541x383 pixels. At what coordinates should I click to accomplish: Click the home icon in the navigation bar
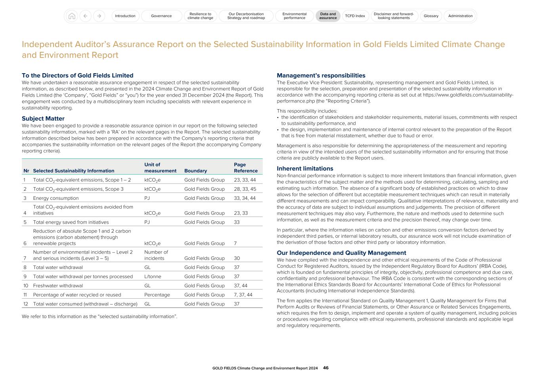coord(72,16)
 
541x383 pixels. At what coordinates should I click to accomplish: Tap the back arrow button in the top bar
coord(85,16)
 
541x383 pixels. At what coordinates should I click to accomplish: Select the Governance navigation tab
coord(161,16)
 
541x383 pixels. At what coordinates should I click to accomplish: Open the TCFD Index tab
coord(355,16)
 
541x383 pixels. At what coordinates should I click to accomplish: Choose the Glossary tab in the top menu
coord(431,16)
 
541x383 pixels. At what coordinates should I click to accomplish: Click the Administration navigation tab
coord(460,16)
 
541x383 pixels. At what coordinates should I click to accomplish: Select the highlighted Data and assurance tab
coord(328,16)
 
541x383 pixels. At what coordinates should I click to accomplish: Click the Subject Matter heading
coord(43,119)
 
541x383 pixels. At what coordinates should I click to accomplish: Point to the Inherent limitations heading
coord(305,169)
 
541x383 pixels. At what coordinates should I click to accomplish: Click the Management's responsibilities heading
coord(321,76)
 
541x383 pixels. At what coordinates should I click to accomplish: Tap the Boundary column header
coord(195,171)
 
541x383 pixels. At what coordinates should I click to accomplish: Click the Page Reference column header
coord(245,168)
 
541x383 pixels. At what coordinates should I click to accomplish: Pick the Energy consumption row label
coord(56,198)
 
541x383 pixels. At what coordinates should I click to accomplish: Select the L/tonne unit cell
coord(153,277)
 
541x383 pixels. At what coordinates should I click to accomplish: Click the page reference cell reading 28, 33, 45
coord(245,189)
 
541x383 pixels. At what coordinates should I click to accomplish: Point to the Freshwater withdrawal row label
coord(58,286)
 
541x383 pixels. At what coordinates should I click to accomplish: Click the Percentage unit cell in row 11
coord(157,295)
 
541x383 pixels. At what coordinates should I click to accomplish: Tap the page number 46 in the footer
coord(326,368)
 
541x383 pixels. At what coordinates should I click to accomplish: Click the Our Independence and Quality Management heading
coord(341,253)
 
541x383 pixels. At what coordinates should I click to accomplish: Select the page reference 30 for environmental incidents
coord(237,258)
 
